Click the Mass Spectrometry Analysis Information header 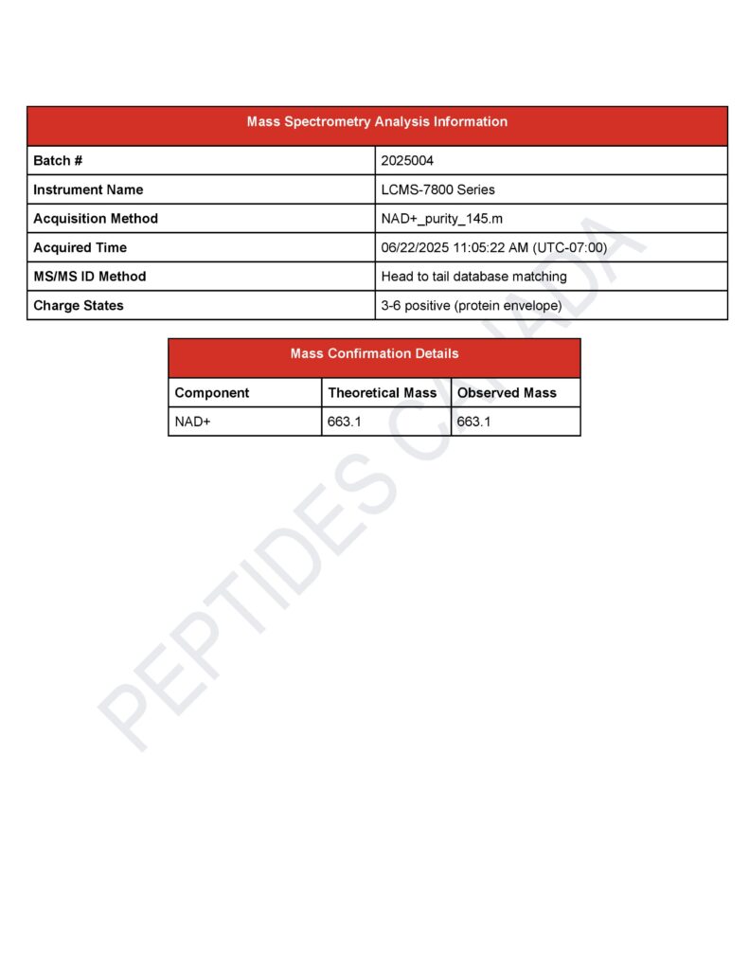pos(377,122)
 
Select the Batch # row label pos(58,161)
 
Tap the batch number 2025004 pos(407,161)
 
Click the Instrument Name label pos(88,189)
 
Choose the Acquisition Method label pos(96,219)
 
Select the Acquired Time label pos(80,248)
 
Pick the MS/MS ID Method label pos(90,277)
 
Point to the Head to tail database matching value pos(473,277)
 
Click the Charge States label pos(79,306)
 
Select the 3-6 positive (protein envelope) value pos(471,306)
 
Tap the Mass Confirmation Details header pos(374,354)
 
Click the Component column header pos(212,393)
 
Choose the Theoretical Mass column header pos(383,393)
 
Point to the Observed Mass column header pos(507,393)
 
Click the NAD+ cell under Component pos(192,422)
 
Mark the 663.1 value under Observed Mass pos(474,422)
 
